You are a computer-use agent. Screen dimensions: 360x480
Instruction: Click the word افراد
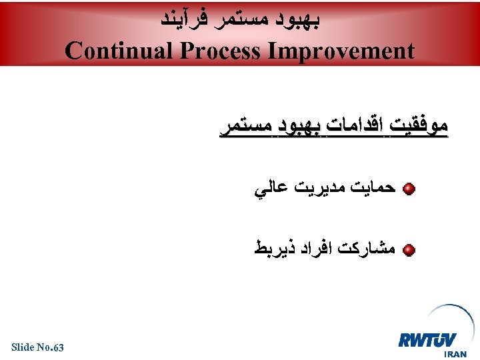[310, 250]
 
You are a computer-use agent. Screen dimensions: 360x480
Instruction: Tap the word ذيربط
[270, 250]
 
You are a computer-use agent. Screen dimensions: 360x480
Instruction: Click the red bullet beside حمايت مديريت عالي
[409, 190]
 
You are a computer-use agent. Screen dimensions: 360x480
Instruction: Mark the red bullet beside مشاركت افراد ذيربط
[409, 251]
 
